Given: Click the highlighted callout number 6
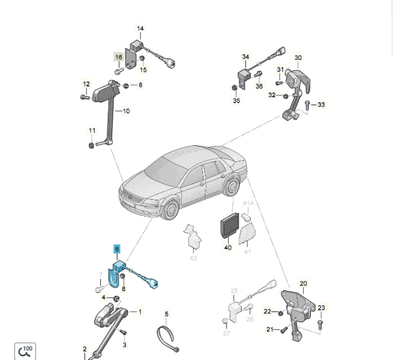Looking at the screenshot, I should [x=117, y=248].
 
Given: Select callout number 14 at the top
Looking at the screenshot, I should [x=140, y=29].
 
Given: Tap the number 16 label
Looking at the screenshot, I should [x=119, y=58].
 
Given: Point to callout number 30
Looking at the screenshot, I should [x=298, y=58].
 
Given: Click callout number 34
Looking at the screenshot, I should [x=245, y=58].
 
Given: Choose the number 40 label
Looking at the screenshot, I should [x=228, y=247].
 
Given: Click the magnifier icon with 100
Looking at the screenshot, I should [x=25, y=351].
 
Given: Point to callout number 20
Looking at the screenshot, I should [x=303, y=284].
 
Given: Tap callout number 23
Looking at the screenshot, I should [x=322, y=308].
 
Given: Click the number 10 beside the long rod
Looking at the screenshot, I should [x=126, y=111].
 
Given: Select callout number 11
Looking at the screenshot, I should [x=92, y=131].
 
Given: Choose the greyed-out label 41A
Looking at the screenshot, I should [x=248, y=204].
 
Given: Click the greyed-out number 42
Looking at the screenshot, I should [x=193, y=259].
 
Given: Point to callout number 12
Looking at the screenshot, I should [x=86, y=85].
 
